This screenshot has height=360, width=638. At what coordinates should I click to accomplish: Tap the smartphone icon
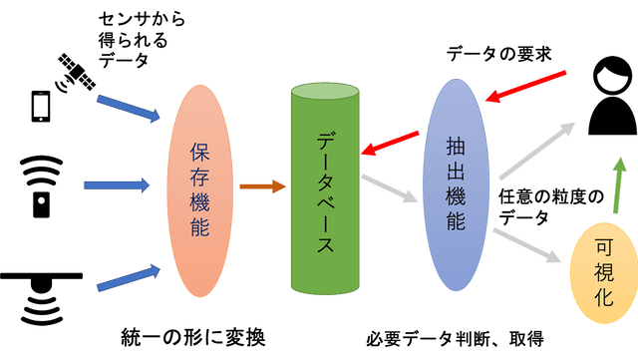click(x=42, y=105)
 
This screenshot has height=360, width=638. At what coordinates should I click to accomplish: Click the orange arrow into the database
click(x=260, y=184)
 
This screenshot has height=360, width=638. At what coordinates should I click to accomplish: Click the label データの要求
click(x=497, y=52)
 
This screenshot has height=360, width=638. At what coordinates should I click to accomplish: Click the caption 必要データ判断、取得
click(x=455, y=337)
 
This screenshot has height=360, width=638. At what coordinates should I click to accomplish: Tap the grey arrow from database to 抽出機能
click(x=391, y=188)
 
